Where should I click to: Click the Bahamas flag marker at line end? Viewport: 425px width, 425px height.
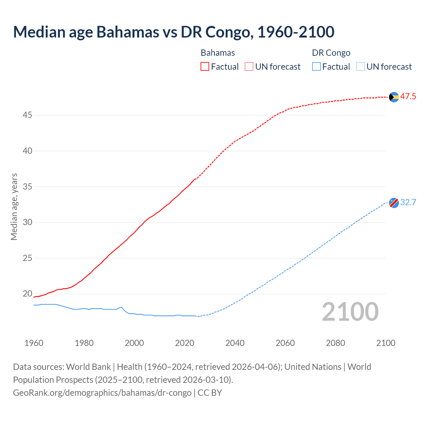click(x=394, y=97)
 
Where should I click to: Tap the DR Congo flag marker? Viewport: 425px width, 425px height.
click(x=394, y=203)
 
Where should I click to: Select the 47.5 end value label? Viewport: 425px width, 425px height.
click(x=408, y=97)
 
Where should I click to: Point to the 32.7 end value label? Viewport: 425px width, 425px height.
click(x=408, y=203)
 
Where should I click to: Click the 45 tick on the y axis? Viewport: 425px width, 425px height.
click(x=28, y=115)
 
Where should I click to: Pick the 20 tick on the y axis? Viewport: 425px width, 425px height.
click(x=28, y=294)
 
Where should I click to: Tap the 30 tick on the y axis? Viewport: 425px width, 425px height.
click(x=28, y=222)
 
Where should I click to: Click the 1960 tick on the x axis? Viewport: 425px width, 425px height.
click(x=34, y=343)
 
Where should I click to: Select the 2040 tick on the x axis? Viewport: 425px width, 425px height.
click(x=235, y=343)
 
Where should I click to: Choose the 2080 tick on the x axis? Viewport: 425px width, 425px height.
click(x=335, y=343)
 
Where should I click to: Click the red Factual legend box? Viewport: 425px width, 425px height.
click(x=205, y=67)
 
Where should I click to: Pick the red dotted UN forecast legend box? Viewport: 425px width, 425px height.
click(x=249, y=67)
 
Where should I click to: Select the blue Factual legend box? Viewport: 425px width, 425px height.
click(x=316, y=67)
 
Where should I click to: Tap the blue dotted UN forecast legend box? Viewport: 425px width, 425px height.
click(x=361, y=67)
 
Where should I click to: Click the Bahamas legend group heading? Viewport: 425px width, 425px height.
click(x=218, y=53)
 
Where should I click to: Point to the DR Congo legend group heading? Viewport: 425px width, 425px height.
click(x=331, y=53)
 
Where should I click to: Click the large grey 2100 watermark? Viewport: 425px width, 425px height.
click(x=350, y=312)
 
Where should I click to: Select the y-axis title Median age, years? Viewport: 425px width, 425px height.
click(x=14, y=207)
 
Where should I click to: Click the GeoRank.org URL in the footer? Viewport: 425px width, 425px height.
click(x=102, y=393)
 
